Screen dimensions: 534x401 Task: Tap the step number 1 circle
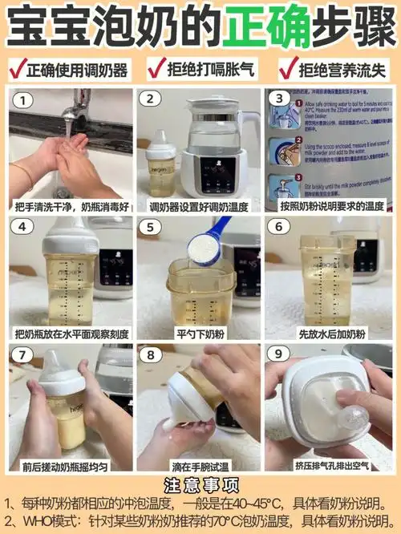pos(26,100)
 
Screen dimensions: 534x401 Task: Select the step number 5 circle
pos(149,227)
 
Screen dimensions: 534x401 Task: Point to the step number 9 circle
pos(278,354)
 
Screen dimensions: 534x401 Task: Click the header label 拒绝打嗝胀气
pos(205,71)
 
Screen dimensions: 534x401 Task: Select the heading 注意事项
pos(200,485)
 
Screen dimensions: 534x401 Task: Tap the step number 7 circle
pos(26,354)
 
